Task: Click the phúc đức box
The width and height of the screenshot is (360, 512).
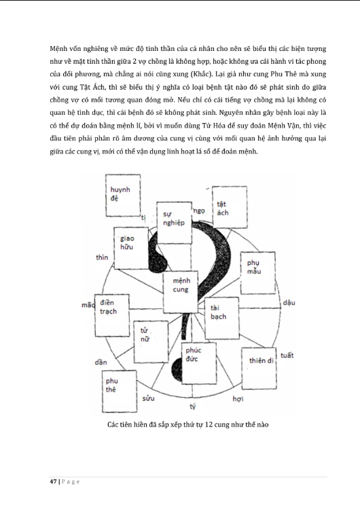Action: pyautogui.click(x=197, y=359)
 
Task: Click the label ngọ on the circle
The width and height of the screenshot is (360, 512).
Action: pyautogui.click(x=199, y=211)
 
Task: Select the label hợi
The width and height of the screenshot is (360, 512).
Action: pyautogui.click(x=238, y=398)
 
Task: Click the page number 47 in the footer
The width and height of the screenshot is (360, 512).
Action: pyautogui.click(x=53, y=481)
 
